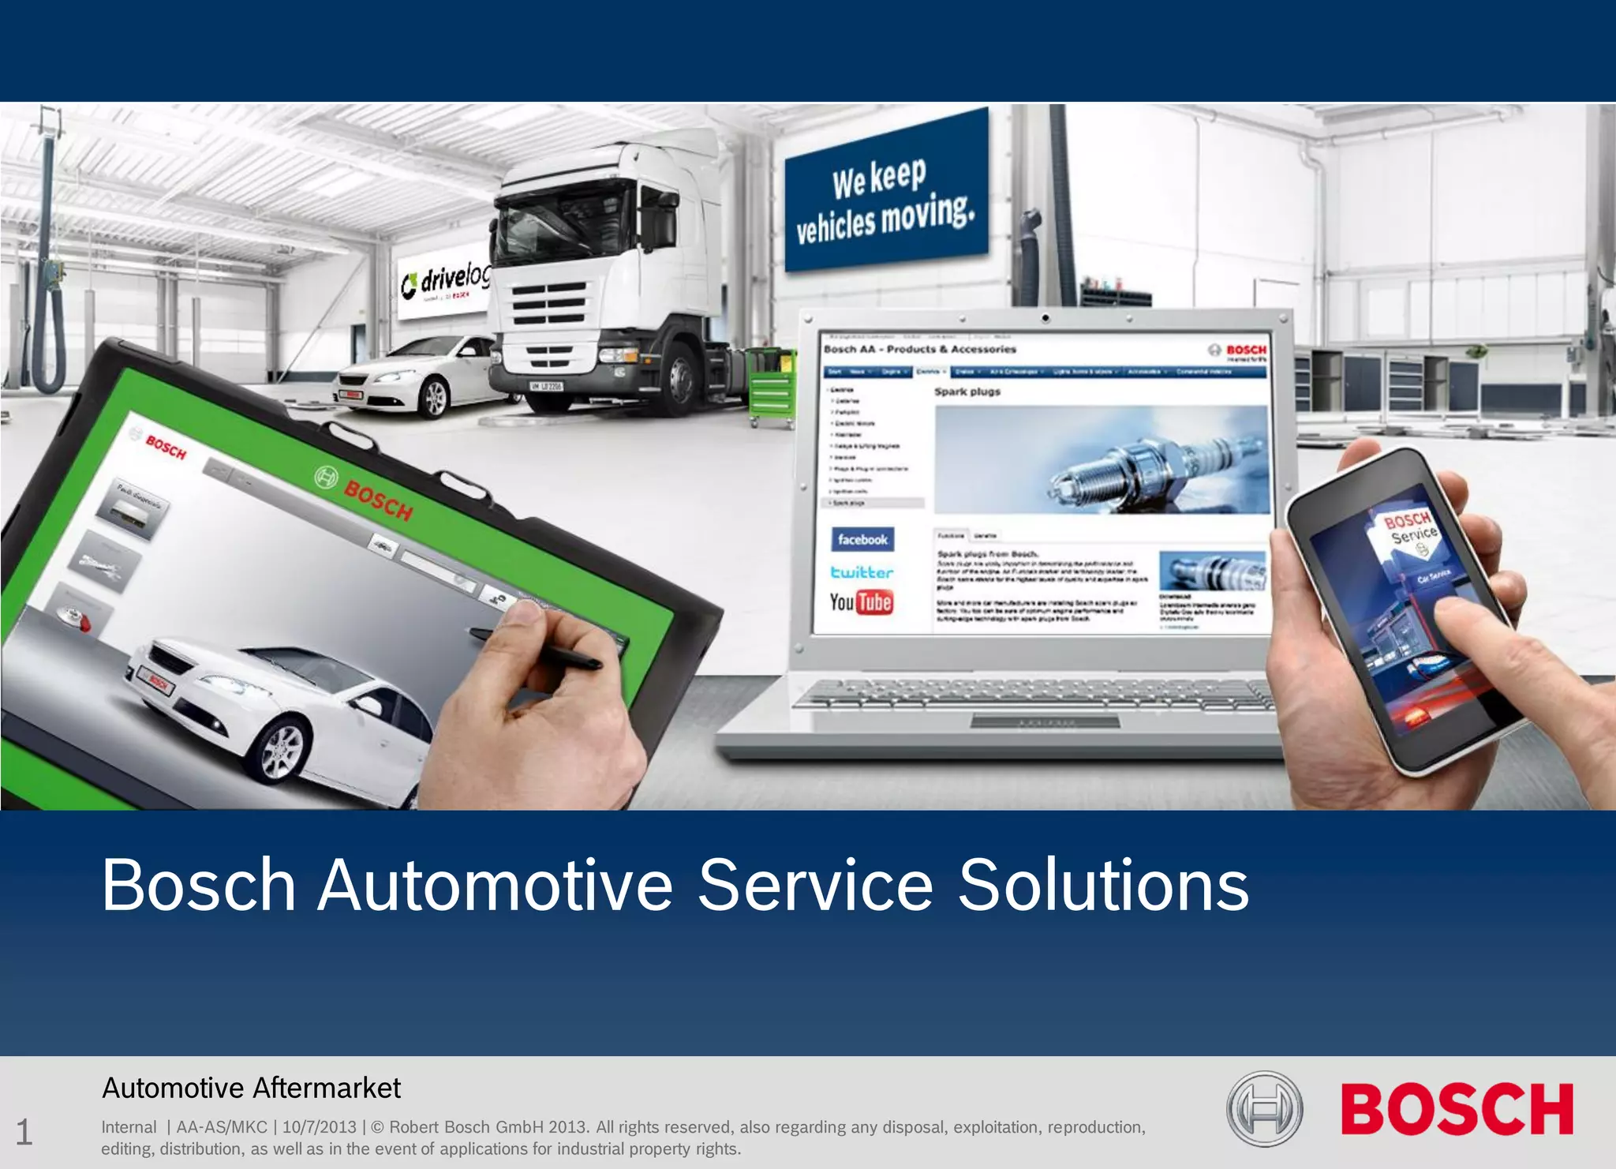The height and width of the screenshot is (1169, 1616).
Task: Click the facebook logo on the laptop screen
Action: (x=862, y=540)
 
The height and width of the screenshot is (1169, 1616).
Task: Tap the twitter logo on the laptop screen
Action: (x=862, y=572)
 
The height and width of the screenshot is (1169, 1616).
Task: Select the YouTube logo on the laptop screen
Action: (x=861, y=602)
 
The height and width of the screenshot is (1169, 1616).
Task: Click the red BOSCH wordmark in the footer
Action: (x=1457, y=1109)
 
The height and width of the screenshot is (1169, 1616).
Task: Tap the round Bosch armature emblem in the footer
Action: (x=1264, y=1109)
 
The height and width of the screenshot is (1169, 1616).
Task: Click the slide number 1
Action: (x=24, y=1132)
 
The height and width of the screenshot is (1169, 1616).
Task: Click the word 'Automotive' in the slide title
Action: (x=495, y=886)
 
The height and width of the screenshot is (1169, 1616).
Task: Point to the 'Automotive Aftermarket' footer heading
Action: (x=252, y=1088)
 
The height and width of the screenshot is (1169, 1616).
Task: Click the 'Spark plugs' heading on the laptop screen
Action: (x=967, y=392)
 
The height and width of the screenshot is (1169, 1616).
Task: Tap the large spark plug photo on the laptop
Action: (x=1102, y=459)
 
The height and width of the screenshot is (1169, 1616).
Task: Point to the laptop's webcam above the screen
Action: (x=1046, y=319)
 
